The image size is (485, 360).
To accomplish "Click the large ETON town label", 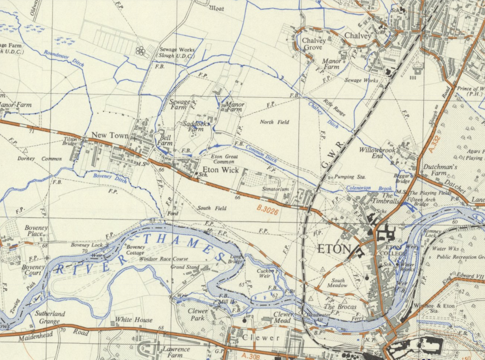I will tap(335, 249).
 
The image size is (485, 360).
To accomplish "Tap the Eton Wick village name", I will tap(221, 170).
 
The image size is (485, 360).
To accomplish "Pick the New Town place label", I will tap(110, 136).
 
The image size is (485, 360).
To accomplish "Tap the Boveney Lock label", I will tap(86, 245).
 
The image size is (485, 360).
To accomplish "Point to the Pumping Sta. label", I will tap(349, 177).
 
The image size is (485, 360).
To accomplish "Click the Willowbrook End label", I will tap(378, 152).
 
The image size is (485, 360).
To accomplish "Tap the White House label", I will tap(134, 320).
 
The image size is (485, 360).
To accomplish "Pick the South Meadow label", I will tap(338, 283).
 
